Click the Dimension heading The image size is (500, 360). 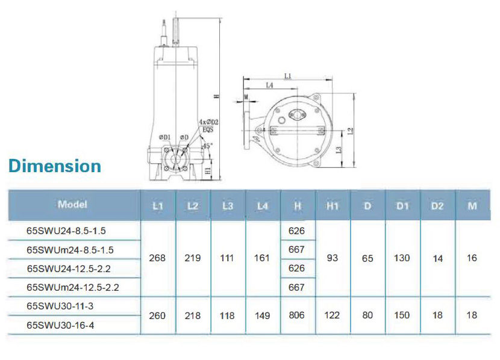point(55,166)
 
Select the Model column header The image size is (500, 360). point(72,204)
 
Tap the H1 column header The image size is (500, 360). point(333,206)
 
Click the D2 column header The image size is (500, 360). point(437,206)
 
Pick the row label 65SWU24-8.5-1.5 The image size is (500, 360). point(66,231)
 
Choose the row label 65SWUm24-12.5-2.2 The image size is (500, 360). point(73,287)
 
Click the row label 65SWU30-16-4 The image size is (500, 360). point(60,325)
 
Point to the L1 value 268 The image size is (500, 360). point(157,258)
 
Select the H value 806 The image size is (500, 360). point(296,315)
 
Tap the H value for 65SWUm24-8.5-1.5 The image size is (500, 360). point(296,249)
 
